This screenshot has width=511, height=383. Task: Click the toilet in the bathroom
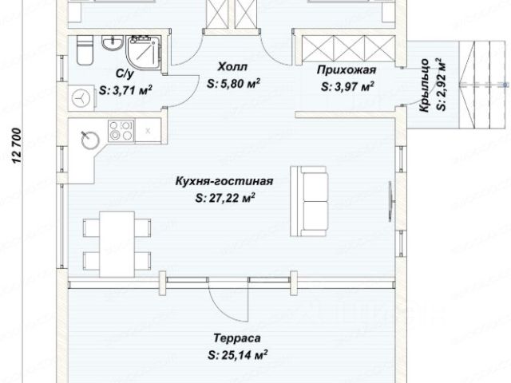(x=85, y=49)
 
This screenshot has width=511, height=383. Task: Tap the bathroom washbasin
(x=113, y=42)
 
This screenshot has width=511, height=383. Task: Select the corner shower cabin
(x=144, y=53)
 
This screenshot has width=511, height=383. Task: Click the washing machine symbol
(x=81, y=97)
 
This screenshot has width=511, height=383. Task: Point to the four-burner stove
(x=121, y=131)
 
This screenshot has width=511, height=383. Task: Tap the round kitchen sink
(x=90, y=140)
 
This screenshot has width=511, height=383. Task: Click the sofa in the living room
(x=309, y=201)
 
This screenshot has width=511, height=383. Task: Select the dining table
(x=117, y=244)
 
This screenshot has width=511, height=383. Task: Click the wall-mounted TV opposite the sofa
(x=390, y=202)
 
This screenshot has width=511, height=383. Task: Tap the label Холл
(x=232, y=67)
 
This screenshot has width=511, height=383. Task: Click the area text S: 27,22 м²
(x=225, y=198)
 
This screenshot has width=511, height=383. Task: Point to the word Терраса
(x=237, y=338)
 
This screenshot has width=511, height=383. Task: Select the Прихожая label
(x=347, y=69)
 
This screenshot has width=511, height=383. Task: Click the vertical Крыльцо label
(x=424, y=85)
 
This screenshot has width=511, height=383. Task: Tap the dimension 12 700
(x=17, y=145)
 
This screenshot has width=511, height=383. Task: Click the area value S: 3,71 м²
(x=125, y=90)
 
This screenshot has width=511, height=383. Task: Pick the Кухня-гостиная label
(x=224, y=181)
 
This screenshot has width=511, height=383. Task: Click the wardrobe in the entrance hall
(x=348, y=48)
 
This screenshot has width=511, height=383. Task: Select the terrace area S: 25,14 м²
(x=238, y=354)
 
